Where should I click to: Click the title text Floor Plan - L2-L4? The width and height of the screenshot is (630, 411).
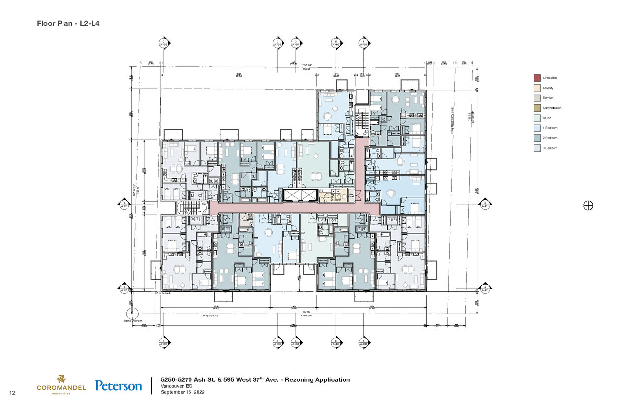[x=68, y=23]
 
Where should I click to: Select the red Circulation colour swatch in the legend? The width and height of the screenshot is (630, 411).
[x=537, y=78]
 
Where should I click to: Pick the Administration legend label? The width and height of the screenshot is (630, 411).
[x=552, y=108]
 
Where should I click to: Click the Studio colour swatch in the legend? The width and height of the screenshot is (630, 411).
[x=537, y=118]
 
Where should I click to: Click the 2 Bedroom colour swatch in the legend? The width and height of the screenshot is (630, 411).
[x=537, y=138]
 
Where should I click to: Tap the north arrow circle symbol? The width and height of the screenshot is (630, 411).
[x=588, y=205]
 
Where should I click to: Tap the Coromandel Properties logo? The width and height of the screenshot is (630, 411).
[x=61, y=383]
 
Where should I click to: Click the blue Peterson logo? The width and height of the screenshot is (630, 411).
[x=119, y=386]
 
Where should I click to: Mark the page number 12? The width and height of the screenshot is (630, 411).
[x=12, y=392]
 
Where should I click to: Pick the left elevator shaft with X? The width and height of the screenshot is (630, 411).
[x=293, y=196]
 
